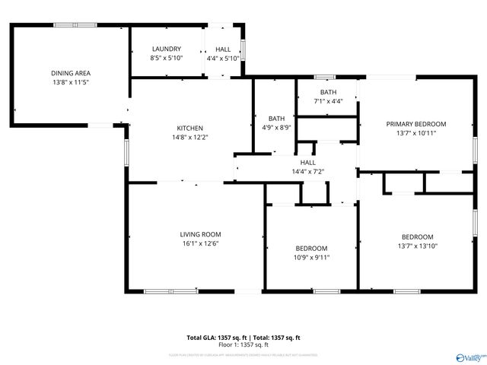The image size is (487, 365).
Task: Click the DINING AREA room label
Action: pos(71,73)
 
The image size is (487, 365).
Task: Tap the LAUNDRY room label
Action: pos(166,49)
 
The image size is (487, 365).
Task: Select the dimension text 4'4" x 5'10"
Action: pos(223,58)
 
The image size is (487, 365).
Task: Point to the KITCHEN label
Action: pos(190,128)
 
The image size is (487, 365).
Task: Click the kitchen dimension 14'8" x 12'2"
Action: pos(190,138)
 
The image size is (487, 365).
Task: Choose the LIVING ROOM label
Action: pos(200,234)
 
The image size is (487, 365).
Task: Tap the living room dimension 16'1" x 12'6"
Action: pos(200,244)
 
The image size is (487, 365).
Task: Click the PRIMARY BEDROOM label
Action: pos(415,124)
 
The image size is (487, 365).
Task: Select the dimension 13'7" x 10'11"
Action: pos(415,133)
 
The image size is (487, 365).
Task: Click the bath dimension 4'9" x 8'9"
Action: pos(276,129)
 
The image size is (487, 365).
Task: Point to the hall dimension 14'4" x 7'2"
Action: pos(307,172)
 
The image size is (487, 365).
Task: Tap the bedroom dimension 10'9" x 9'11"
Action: pos(311,258)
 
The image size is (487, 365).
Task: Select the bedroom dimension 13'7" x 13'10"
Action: pos(417,246)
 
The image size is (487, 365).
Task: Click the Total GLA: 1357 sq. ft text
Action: pos(215,337)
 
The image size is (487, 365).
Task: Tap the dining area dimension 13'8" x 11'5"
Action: pos(71,82)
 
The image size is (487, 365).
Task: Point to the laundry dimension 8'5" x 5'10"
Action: pos(166,58)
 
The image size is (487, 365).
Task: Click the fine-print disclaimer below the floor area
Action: pos(243,354)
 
